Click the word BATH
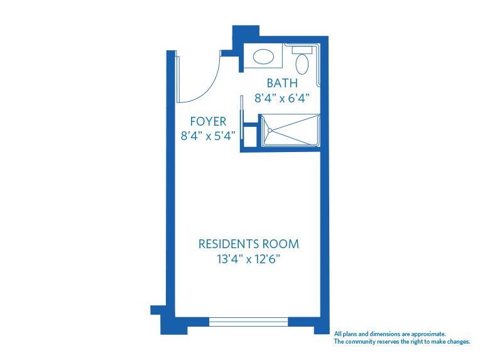[x=282, y=83]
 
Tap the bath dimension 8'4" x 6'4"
[x=282, y=98]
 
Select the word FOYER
[x=208, y=122]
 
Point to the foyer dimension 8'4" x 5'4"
[x=208, y=135]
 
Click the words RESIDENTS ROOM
[x=249, y=244]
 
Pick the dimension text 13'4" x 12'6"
[x=249, y=259]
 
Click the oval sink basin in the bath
[x=263, y=57]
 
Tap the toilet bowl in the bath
[x=302, y=64]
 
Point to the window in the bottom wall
[x=248, y=322]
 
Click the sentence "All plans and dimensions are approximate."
[x=390, y=334]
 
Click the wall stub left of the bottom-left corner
[x=156, y=310]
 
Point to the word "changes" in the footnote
[x=457, y=342]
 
